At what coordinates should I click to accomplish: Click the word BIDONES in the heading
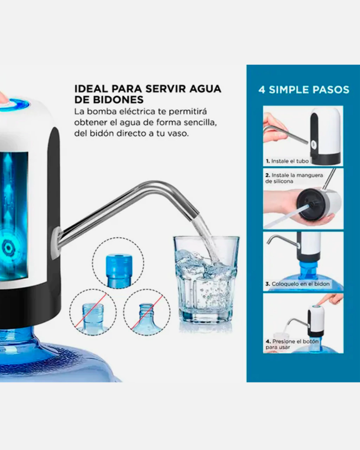pyautogui.click(x=118, y=100)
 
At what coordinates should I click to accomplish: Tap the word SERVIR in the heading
pyautogui.click(x=166, y=89)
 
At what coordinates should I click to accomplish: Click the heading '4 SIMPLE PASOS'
pyautogui.click(x=304, y=90)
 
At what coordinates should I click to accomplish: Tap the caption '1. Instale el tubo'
pyautogui.click(x=287, y=161)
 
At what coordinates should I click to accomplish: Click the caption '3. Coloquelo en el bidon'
pyautogui.click(x=297, y=284)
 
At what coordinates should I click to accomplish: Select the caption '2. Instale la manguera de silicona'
pyautogui.click(x=294, y=178)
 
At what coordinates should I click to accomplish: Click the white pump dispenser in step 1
pyautogui.click(x=326, y=136)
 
